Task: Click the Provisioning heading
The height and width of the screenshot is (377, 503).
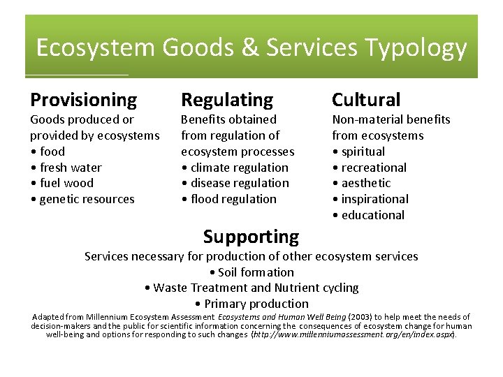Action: (83, 101)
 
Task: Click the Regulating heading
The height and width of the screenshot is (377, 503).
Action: (227, 101)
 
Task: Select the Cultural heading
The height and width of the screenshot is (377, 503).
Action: (366, 101)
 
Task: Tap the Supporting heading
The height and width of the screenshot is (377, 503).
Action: (251, 237)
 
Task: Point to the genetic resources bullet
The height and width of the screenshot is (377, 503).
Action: (85, 199)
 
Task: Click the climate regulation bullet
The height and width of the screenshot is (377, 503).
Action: (238, 168)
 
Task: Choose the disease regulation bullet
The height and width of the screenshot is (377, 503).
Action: (238, 183)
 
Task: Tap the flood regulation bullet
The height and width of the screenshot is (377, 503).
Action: (232, 199)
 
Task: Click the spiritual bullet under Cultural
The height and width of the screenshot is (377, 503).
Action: (362, 151)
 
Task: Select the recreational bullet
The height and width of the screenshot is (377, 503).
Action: (372, 168)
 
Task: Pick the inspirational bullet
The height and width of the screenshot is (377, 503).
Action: (374, 199)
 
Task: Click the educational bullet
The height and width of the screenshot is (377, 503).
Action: (372, 215)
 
